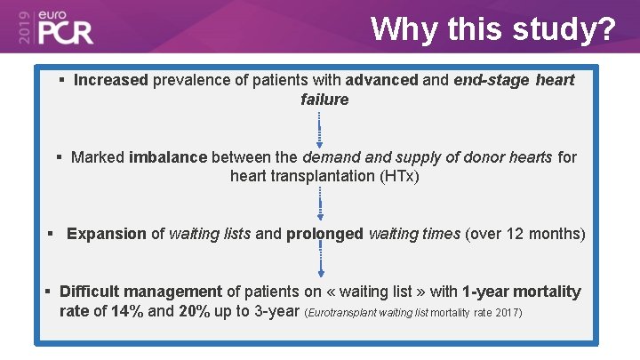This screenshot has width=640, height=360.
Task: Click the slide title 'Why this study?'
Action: click(x=492, y=28)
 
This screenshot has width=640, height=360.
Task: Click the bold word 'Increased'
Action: click(x=111, y=80)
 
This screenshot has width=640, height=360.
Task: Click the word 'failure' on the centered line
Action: click(x=324, y=100)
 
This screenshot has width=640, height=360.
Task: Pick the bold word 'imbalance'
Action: click(x=168, y=157)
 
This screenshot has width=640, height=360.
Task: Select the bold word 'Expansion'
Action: click(x=107, y=234)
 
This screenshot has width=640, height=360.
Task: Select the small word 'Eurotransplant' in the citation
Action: click(x=342, y=313)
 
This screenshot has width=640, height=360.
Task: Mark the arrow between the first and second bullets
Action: click(x=320, y=127)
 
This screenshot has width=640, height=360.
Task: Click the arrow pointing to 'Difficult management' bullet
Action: click(x=321, y=260)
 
